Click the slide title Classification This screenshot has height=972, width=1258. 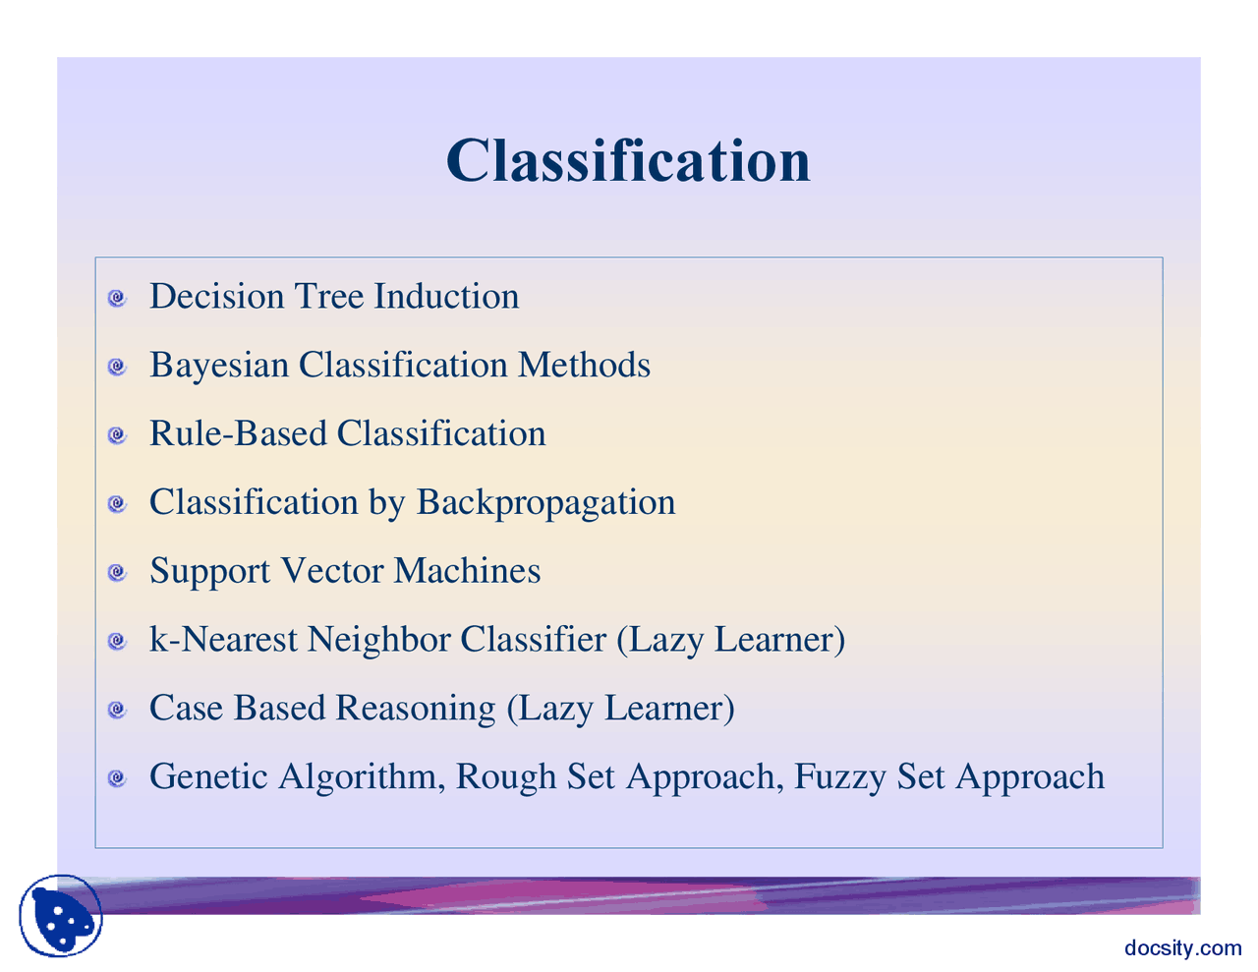[628, 160]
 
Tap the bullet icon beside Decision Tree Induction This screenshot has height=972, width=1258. [117, 298]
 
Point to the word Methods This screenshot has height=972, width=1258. [584, 366]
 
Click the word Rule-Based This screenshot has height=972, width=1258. [238, 434]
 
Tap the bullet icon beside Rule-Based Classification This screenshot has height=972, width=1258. [117, 434]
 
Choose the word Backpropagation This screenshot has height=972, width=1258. [545, 503]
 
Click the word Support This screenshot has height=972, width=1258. [209, 572]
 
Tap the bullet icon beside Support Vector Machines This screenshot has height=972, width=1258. [117, 572]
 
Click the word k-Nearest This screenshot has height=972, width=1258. [223, 640]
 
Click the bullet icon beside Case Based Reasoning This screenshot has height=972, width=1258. [117, 710]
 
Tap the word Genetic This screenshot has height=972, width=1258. [208, 777]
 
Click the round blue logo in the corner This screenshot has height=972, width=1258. [61, 916]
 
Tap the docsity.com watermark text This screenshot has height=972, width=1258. [1182, 947]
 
